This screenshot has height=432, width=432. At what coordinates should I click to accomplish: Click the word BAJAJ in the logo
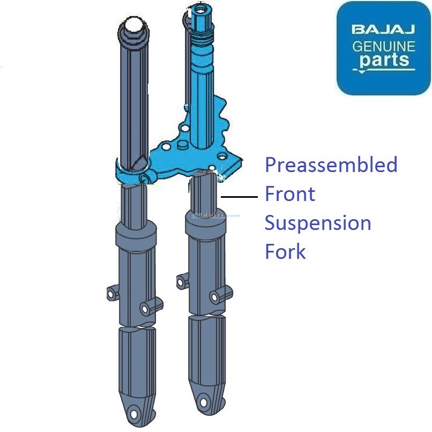(x=383, y=29)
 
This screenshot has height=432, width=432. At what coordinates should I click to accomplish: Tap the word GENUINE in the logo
(x=383, y=46)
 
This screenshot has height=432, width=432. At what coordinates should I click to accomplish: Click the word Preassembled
(x=331, y=165)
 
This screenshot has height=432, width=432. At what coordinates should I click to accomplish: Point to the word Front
(x=290, y=194)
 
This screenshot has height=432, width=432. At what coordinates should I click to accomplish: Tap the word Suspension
(x=318, y=223)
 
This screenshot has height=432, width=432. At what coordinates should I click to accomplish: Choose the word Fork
(x=285, y=251)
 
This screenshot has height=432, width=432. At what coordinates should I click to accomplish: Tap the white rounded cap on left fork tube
(x=133, y=25)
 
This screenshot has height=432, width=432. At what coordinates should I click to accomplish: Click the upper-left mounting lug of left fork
(x=112, y=293)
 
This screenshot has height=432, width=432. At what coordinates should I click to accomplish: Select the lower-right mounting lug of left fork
(x=145, y=309)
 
